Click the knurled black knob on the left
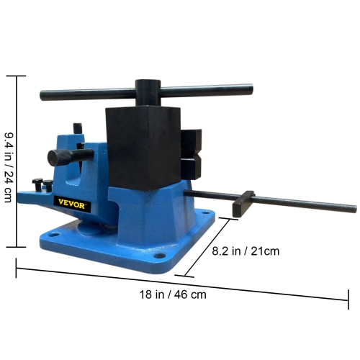[x=58, y=156]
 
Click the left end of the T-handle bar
[x=45, y=94]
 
